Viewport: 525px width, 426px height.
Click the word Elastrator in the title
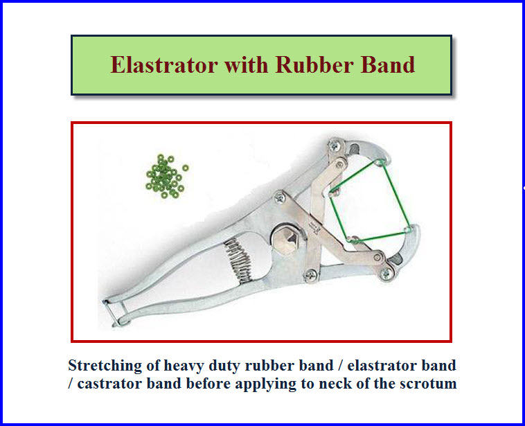pos(164,64)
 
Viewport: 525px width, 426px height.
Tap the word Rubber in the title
pos(314,64)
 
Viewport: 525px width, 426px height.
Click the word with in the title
pos(247,64)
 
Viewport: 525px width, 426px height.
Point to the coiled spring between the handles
pos(238,260)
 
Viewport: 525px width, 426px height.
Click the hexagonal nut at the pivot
pos(285,239)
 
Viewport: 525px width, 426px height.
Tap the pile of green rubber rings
pos(166,176)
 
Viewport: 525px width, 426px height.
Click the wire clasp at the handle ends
pos(114,313)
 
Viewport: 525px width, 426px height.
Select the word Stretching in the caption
pos(105,366)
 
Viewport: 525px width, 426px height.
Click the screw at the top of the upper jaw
pos(334,146)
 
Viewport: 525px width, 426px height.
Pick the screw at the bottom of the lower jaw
pos(386,274)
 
